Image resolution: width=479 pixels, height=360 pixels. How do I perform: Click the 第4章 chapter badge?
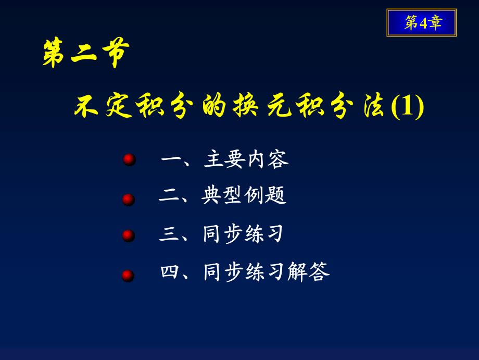pos(422,22)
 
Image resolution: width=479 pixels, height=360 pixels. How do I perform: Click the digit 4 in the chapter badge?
pos(423,23)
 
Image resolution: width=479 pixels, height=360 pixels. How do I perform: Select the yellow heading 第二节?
pos(86,53)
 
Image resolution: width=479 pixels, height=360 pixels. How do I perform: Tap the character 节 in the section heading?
pos(116,53)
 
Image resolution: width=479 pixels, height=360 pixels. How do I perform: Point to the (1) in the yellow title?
pos(408,106)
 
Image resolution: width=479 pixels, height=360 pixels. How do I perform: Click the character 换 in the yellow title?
pos(245,105)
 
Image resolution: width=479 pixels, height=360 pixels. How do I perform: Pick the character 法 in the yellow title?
pos(374,105)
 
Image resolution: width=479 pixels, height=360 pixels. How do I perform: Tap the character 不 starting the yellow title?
pos(86,106)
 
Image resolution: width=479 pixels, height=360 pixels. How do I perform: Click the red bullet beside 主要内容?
pos(129,159)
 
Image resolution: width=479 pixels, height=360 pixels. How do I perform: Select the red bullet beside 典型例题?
pos(128,200)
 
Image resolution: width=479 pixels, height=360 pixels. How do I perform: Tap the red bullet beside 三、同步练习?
pos(128,235)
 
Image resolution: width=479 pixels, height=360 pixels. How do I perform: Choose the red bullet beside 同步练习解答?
pos(128,276)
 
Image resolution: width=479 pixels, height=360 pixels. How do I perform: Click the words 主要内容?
pos(246,159)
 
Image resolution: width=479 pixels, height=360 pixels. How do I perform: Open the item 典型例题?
pos(244,195)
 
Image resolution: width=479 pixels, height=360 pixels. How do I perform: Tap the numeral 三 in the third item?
pos(169,234)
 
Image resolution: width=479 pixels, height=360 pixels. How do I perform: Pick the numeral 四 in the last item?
pos(170,271)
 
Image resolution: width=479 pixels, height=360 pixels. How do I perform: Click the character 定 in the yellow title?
pos(119,105)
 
